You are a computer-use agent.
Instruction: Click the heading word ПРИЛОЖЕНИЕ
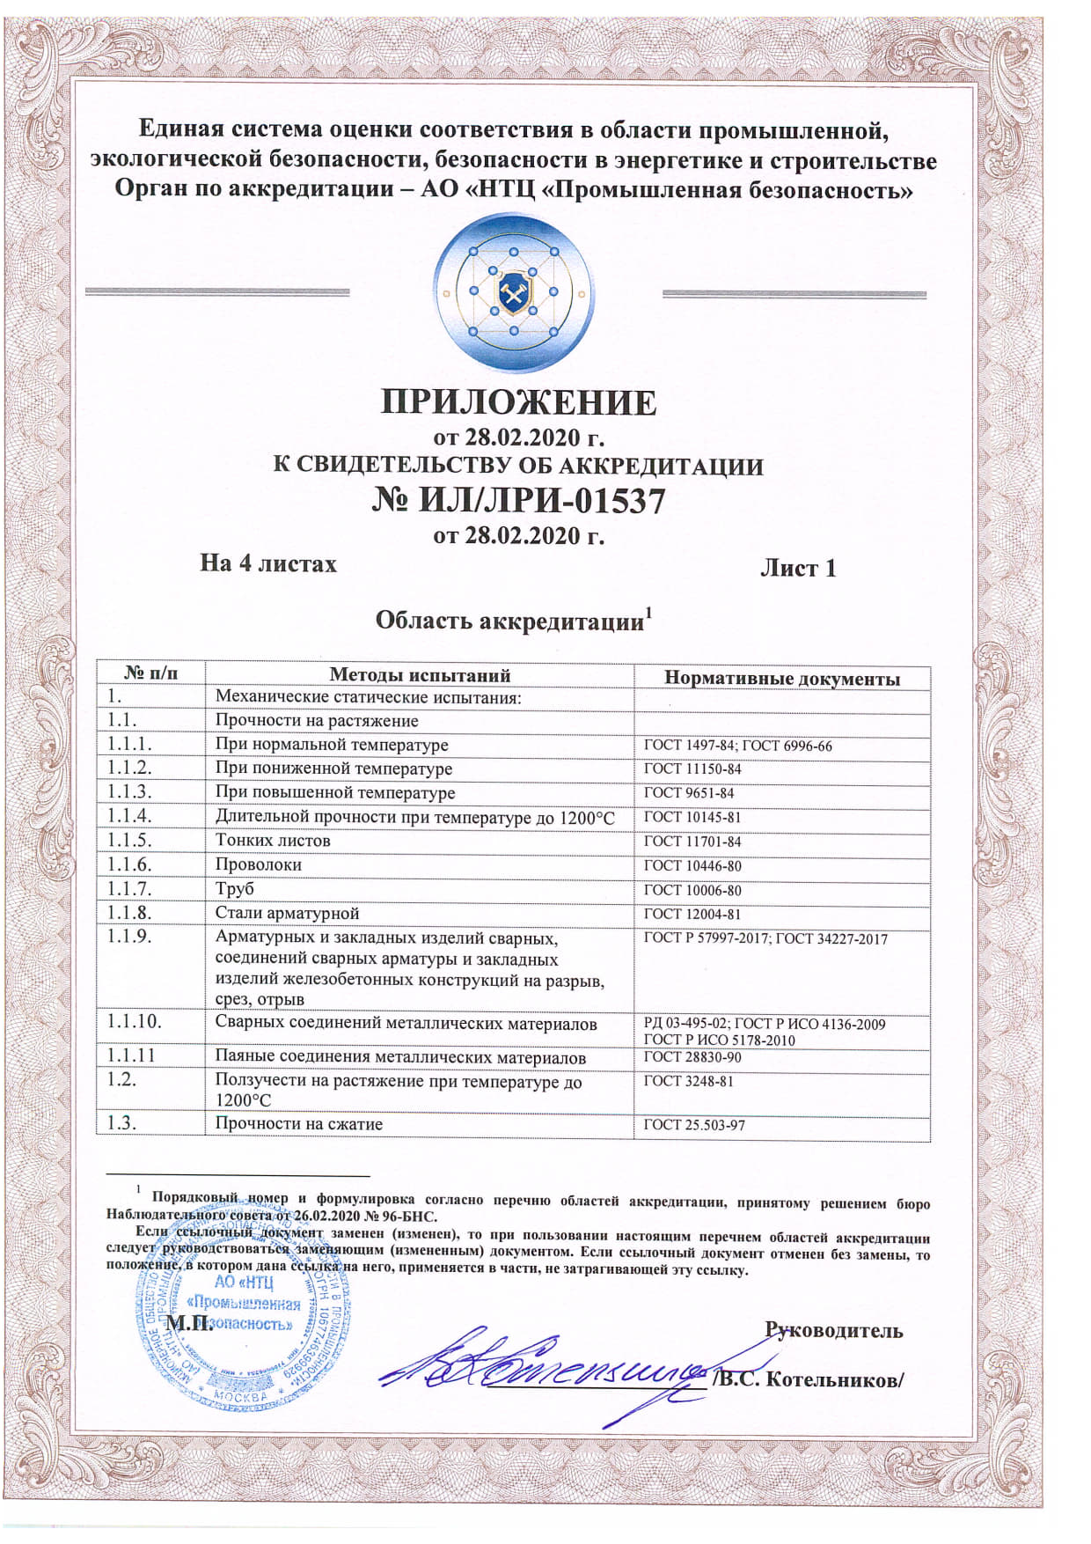[x=518, y=402]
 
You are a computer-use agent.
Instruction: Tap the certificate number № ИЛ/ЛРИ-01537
[x=517, y=502]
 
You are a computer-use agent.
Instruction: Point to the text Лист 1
[x=797, y=568]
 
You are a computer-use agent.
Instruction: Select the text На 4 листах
[x=268, y=563]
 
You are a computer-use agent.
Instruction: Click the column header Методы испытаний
[x=420, y=675]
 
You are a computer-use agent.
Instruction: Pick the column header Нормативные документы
[x=781, y=679]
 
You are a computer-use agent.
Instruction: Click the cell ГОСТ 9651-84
[x=689, y=793]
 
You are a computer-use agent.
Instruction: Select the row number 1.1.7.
[x=129, y=888]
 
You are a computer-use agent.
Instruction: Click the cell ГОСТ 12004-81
[x=692, y=915]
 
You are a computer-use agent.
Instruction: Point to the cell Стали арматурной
[x=287, y=913]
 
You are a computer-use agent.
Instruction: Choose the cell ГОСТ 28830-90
[x=692, y=1057]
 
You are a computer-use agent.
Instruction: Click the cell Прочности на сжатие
[x=299, y=1124]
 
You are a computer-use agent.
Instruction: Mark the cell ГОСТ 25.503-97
[x=694, y=1125]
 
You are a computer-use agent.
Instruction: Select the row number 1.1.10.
[x=135, y=1022]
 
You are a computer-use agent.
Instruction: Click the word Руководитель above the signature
[x=833, y=1330]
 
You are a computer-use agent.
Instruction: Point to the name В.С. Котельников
[x=810, y=1379]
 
